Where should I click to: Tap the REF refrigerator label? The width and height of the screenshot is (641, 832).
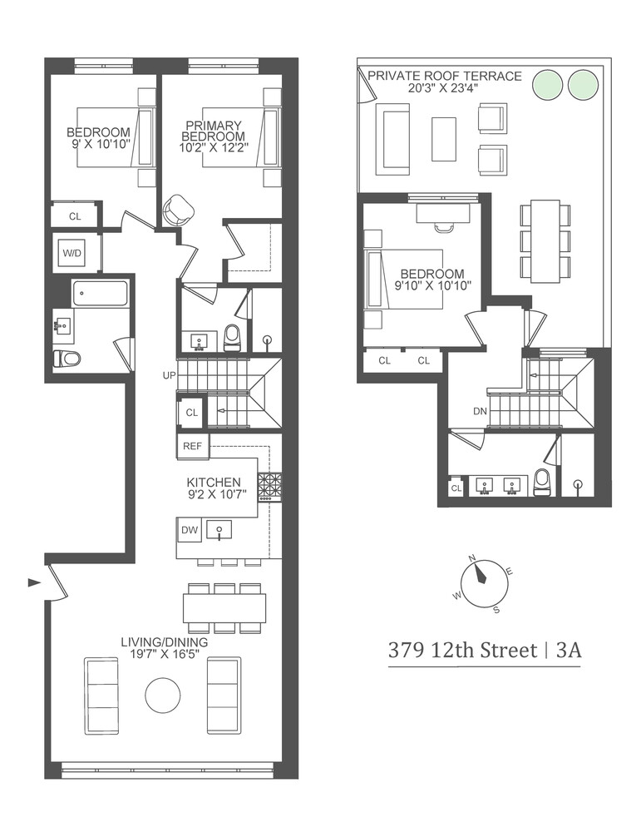[x=193, y=447]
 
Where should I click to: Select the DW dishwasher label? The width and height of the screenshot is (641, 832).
[x=190, y=529]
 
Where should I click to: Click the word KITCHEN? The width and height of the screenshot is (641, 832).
[x=214, y=482]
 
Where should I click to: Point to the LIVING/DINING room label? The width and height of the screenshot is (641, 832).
[x=164, y=642]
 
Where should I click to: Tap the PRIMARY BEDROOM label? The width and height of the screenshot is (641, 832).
[x=214, y=131]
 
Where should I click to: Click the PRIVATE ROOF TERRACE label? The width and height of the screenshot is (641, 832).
[x=445, y=76]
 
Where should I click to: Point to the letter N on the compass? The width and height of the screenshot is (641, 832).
[x=471, y=558]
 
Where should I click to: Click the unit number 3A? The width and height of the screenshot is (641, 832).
[x=568, y=650]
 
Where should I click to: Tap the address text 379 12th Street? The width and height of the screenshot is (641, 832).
[x=462, y=650]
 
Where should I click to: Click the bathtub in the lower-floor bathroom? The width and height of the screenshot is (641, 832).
[x=101, y=293]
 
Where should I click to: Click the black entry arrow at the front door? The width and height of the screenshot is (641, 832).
[x=33, y=582]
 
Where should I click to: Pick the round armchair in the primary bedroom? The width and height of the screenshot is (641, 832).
[x=178, y=210]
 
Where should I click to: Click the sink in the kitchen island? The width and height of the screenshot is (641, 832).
[x=220, y=529]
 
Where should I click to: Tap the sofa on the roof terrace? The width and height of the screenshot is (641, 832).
[x=392, y=139]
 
